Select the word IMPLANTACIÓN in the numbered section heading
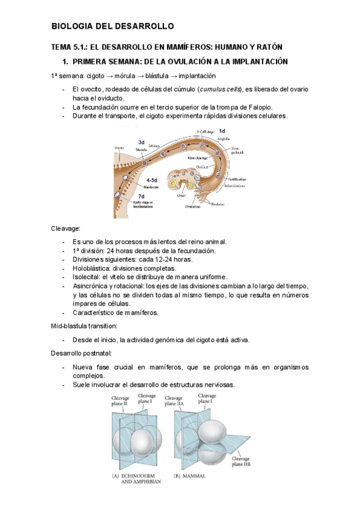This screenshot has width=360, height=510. [x=255, y=61]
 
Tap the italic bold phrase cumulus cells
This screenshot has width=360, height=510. [x=219, y=90]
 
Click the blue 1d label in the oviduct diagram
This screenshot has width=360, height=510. [x=222, y=131]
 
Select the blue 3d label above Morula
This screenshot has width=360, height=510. [x=141, y=142]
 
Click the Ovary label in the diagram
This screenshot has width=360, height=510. [x=182, y=194]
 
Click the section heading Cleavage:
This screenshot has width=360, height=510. [x=66, y=229]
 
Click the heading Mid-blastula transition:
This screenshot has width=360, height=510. [x=89, y=325]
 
